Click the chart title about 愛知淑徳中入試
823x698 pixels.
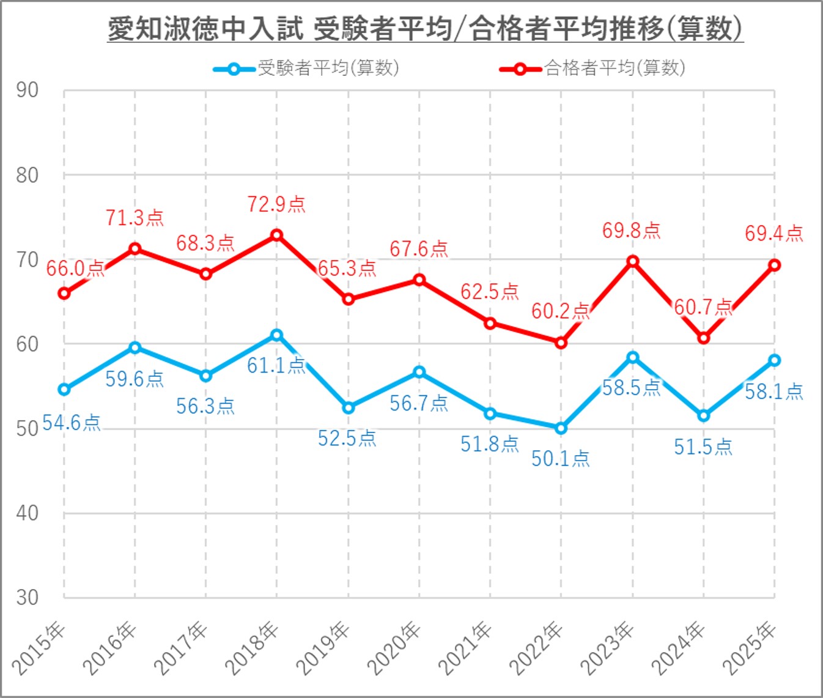425,29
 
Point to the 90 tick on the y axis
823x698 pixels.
28,91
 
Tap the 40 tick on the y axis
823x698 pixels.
28,513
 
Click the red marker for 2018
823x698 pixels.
277,235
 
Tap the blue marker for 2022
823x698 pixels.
561,428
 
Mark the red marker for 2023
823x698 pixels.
633,261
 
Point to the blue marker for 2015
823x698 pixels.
64,390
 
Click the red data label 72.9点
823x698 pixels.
276,204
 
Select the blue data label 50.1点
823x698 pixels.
560,459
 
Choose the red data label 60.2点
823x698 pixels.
560,311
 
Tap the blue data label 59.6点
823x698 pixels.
135,379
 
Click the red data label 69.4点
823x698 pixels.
773,234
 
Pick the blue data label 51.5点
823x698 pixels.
703,447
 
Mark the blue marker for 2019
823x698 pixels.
349,407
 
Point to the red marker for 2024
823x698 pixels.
704,338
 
